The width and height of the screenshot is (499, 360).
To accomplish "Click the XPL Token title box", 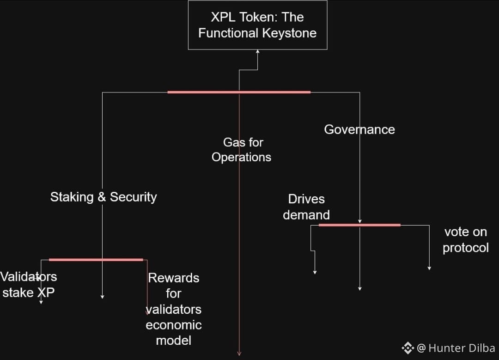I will [x=257, y=25].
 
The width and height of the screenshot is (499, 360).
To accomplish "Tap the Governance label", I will [x=359, y=129].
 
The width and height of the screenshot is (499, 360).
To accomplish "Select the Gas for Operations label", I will [x=242, y=150].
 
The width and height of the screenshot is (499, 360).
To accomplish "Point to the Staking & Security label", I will [x=103, y=197].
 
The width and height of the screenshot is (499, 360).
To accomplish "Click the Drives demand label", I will [x=306, y=207].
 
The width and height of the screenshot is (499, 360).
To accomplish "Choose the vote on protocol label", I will [x=465, y=239].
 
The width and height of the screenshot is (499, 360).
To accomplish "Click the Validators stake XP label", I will [x=28, y=285].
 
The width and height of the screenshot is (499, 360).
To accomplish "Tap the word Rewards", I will [x=174, y=278].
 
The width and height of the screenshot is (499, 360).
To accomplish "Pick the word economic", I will [x=174, y=325].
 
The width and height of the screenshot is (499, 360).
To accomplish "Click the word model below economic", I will [x=174, y=341].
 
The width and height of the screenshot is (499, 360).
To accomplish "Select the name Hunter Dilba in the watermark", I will [x=462, y=348].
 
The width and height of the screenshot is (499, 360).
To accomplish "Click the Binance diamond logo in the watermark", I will [x=408, y=348].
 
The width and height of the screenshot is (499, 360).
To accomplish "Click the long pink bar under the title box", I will [x=239, y=92].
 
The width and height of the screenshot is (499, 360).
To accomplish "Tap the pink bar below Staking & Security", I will [x=96, y=260].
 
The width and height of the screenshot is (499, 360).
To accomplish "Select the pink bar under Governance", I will [x=359, y=225].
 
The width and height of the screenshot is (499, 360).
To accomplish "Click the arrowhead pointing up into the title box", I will [x=257, y=52].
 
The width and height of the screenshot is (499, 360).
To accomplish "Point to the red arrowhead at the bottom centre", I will [x=239, y=354].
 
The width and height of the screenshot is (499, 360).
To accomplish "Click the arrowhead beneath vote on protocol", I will [x=429, y=268].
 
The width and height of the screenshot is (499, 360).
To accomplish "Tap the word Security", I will [x=134, y=197].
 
